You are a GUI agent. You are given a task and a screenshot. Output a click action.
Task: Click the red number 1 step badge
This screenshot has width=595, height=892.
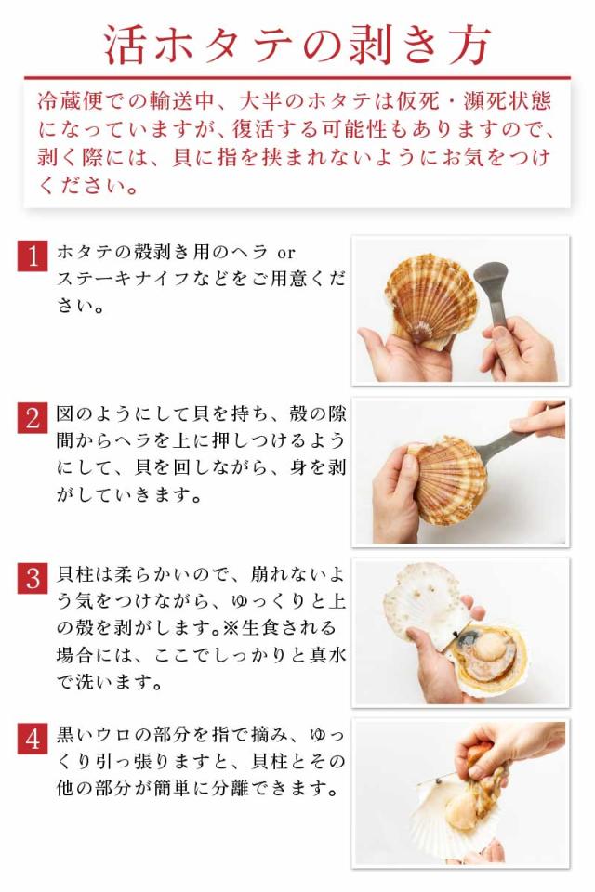pos(32,256)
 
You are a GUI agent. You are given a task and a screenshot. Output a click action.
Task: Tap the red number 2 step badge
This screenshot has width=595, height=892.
pos(32,418)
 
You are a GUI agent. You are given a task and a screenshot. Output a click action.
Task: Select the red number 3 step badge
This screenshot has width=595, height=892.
pos(32,579)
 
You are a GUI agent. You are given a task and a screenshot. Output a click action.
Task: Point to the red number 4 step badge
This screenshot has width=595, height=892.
pos(32,739)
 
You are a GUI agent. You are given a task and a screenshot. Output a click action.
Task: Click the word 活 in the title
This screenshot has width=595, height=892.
pos(126,45)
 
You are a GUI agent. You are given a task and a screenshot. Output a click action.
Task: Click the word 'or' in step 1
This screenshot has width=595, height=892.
pos(285,252)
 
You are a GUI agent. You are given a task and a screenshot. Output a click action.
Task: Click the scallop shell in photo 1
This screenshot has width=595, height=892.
pos(430,298)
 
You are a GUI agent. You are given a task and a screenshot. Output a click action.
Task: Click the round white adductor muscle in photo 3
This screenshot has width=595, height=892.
pos(489,647)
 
